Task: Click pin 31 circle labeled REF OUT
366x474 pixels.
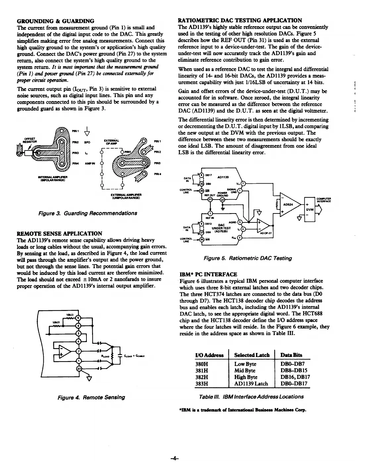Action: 210,199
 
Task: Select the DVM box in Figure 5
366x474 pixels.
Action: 310,209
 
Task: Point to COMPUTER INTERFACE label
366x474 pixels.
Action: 325,200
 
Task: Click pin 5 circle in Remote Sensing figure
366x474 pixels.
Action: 78,318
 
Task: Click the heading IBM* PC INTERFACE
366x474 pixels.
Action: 208,274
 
